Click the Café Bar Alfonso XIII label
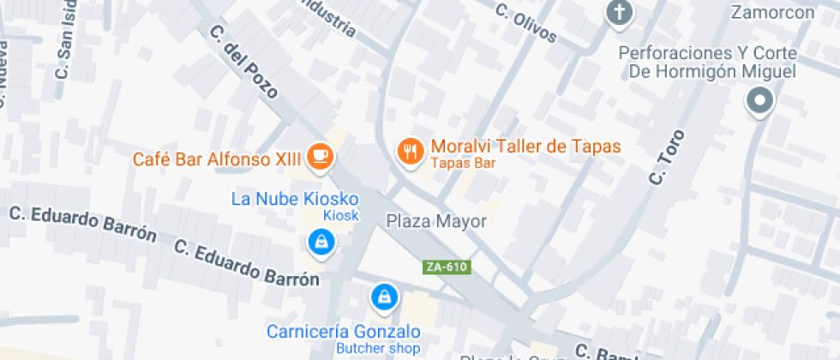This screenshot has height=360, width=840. [x=219, y=159]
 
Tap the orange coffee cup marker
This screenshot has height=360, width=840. [x=321, y=155]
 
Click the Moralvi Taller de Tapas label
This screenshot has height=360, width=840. [x=525, y=147]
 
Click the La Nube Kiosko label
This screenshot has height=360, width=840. [x=295, y=199]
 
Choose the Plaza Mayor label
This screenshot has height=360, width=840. [x=436, y=221]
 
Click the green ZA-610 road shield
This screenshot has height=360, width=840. [x=447, y=267]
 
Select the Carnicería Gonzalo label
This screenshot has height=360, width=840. [x=343, y=332]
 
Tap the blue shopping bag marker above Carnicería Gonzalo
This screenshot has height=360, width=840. [x=384, y=297]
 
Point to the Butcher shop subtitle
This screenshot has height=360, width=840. [x=377, y=348]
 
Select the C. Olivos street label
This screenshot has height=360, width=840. [x=526, y=23]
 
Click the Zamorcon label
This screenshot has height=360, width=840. [x=771, y=13]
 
